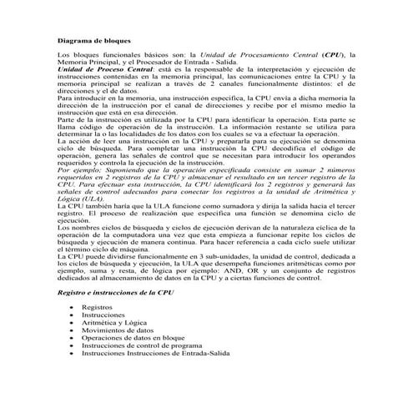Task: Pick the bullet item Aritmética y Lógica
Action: pos(115,324)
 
